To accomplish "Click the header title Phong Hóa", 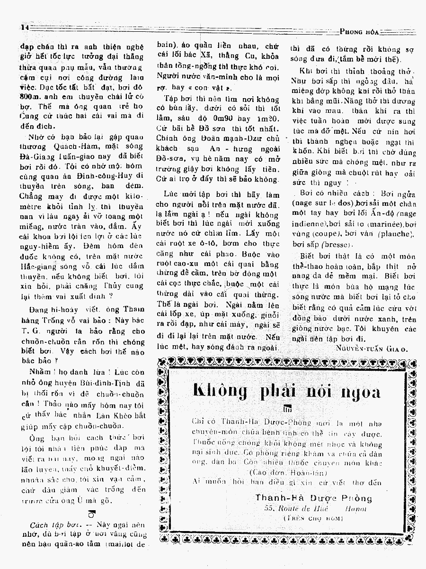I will (360, 32).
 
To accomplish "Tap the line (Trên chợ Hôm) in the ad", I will (313, 519).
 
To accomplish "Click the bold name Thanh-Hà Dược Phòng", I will (313, 498).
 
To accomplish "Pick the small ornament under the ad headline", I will (287, 409).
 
